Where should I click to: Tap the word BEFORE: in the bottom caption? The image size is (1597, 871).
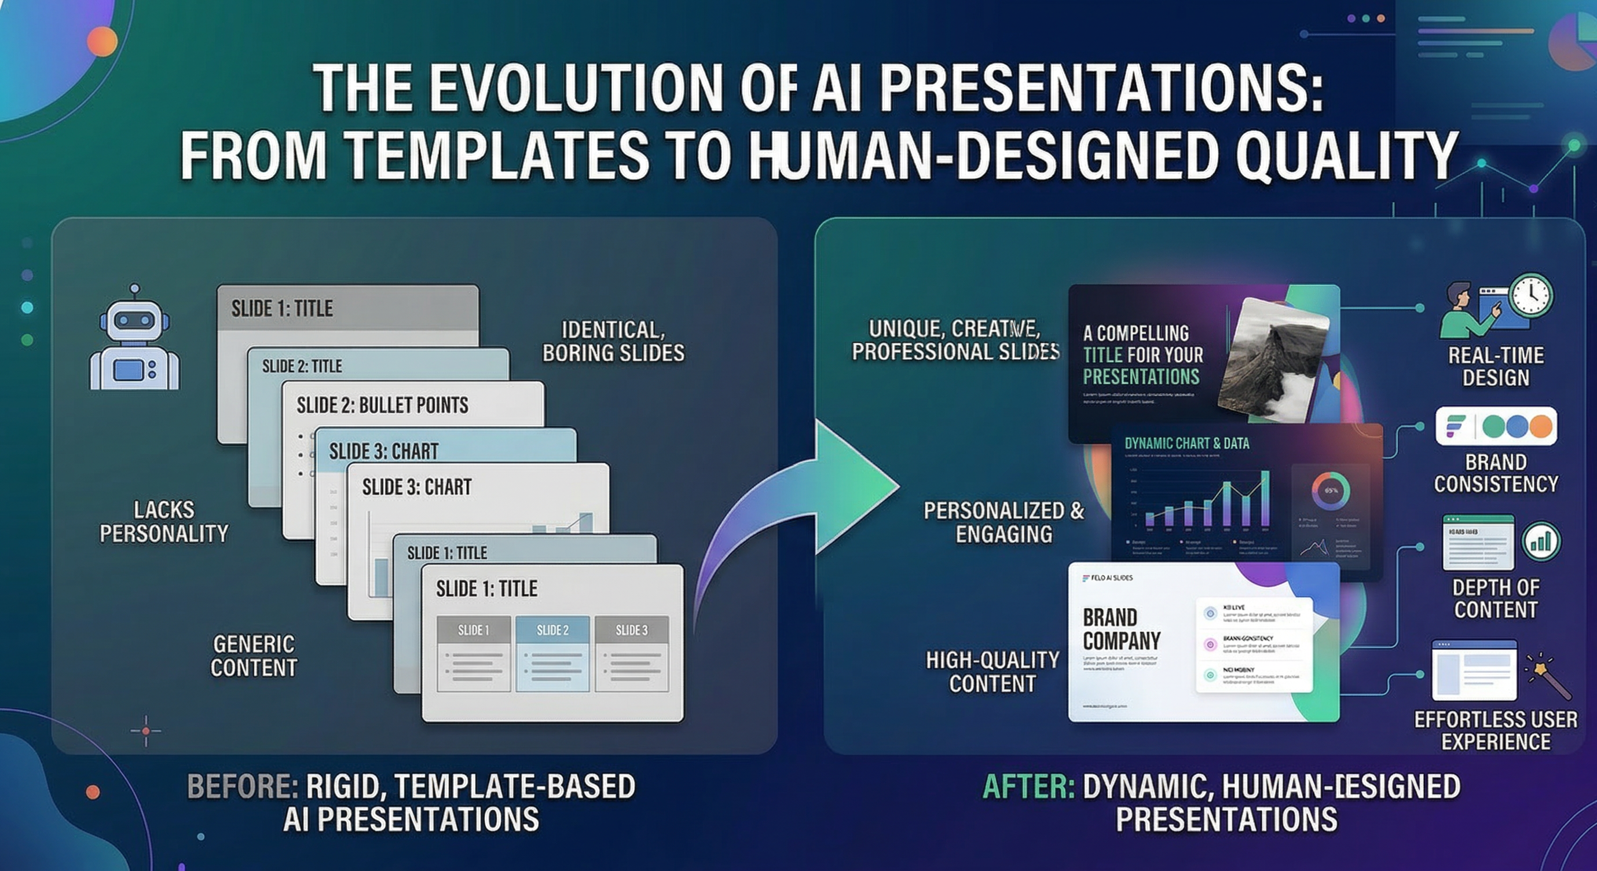tap(243, 786)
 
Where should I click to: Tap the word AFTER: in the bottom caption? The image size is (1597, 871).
tap(1029, 786)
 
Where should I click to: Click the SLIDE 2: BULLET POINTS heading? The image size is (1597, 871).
tap(383, 405)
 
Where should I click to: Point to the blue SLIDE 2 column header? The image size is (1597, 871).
tap(552, 631)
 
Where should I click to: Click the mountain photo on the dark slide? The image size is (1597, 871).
tap(1271, 360)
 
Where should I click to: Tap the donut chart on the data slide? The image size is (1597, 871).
tap(1330, 490)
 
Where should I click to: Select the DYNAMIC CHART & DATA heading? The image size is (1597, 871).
tap(1186, 443)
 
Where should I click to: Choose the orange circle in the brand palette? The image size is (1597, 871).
tap(1540, 426)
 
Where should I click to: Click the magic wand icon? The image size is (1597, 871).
tap(1550, 677)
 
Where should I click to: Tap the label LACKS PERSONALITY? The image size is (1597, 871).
tap(164, 522)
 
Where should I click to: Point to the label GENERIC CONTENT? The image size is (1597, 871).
tap(254, 656)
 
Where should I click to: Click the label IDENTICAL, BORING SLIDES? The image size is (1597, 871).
tap(613, 341)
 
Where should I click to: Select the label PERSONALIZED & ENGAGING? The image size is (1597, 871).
tap(1003, 522)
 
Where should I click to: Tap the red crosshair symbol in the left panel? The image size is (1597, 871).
tap(146, 731)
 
